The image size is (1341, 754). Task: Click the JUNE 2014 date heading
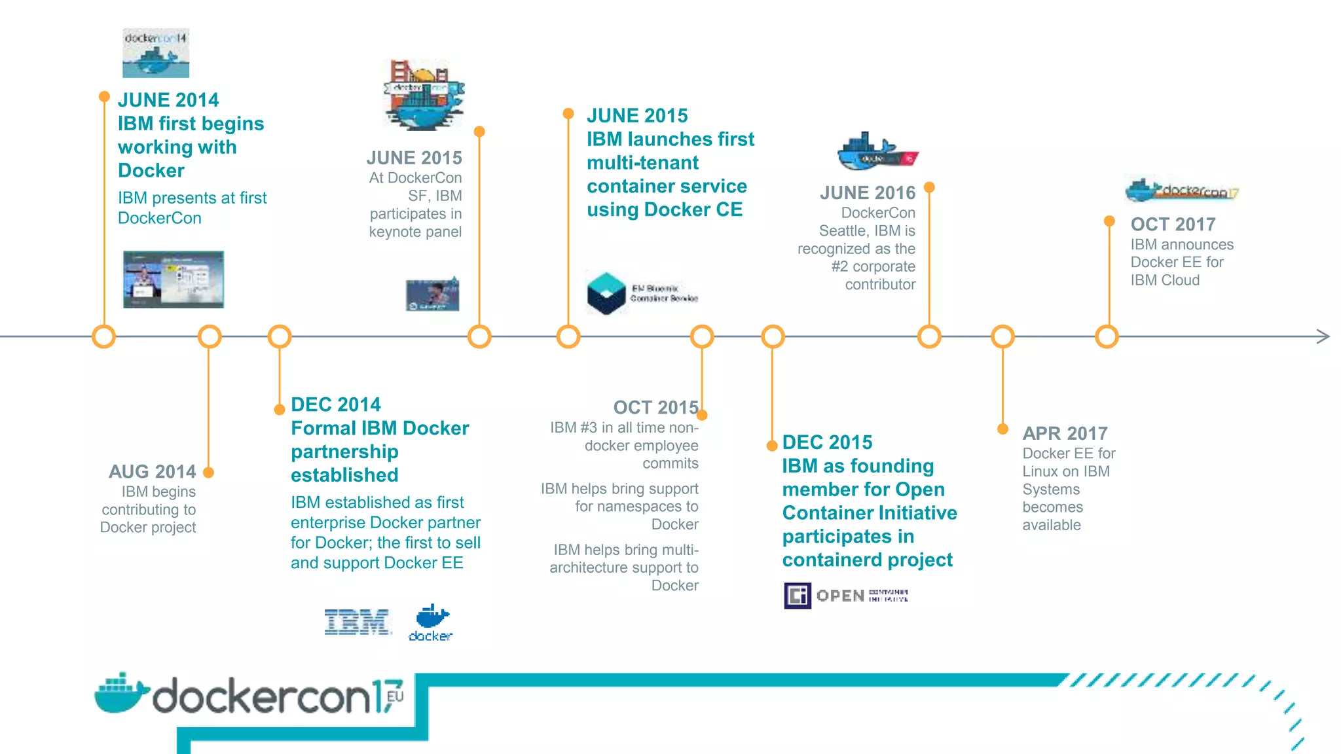tap(168, 100)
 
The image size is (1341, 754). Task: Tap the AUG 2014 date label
tap(152, 471)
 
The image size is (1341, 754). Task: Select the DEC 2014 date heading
tap(335, 404)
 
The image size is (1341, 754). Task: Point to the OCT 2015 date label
tap(655, 408)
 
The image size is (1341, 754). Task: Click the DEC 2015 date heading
tap(827, 442)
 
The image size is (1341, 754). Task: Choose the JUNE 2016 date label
tap(867, 193)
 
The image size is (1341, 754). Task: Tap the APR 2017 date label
tap(1065, 433)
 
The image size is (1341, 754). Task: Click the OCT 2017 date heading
tap(1173, 224)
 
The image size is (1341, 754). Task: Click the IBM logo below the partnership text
tap(357, 622)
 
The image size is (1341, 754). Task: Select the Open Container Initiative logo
tap(845, 596)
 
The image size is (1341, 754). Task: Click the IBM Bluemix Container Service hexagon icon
tap(606, 293)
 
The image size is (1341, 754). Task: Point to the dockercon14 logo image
tap(156, 53)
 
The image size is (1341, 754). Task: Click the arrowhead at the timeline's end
tap(1323, 336)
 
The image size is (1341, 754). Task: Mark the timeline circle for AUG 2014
tap(210, 337)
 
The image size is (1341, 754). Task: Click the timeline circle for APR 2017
tap(1002, 337)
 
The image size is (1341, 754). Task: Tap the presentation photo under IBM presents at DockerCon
tap(174, 279)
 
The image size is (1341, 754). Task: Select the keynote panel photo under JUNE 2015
tap(432, 295)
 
